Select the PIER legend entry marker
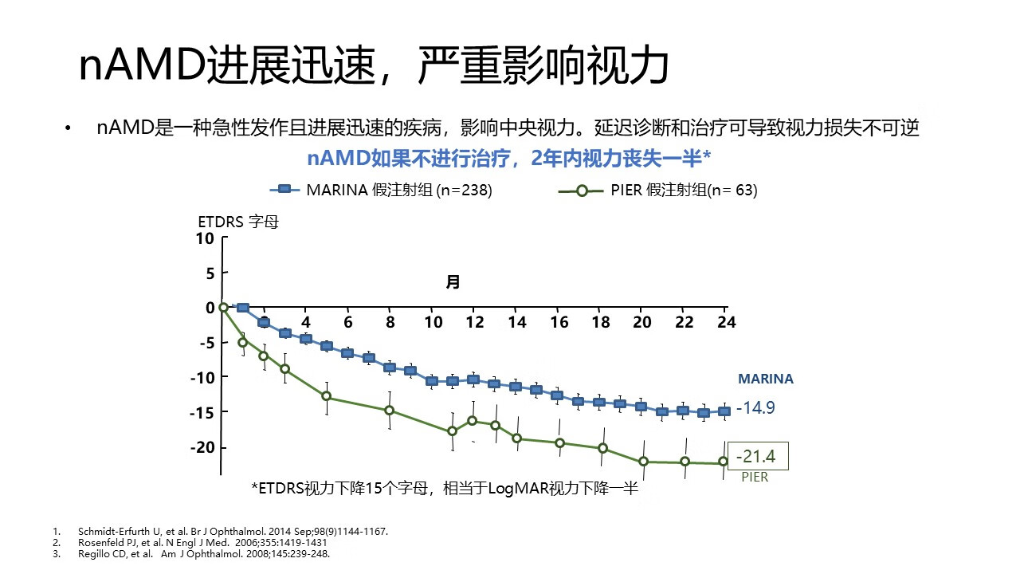pyautogui.click(x=582, y=191)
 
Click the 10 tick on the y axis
pyautogui.click(x=205, y=238)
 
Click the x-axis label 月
pyautogui.click(x=453, y=281)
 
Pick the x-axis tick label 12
pyautogui.click(x=473, y=322)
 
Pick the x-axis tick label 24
pyautogui.click(x=726, y=322)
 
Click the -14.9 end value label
pyautogui.click(x=755, y=408)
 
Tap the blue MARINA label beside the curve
pyautogui.click(x=765, y=379)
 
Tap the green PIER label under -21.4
pyautogui.click(x=755, y=477)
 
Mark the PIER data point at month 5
pyautogui.click(x=326, y=396)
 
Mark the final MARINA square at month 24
pyautogui.click(x=724, y=411)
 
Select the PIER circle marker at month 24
pyautogui.click(x=724, y=462)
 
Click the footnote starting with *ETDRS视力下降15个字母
pyautogui.click(x=445, y=489)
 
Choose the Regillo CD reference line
pyautogui.click(x=203, y=553)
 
